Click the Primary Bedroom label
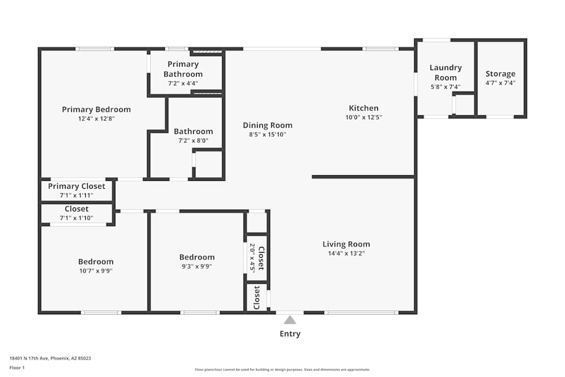[x=96, y=110]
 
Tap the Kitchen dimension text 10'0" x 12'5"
[x=363, y=118]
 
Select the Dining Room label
[x=268, y=125]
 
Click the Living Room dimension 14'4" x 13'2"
[x=346, y=254]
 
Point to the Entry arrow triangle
[x=290, y=320]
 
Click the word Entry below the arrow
[x=290, y=334]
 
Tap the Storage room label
[x=500, y=73]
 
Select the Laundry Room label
[x=445, y=72]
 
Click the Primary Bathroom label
[x=183, y=69]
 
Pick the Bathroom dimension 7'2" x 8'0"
[x=193, y=141]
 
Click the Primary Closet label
[x=76, y=187]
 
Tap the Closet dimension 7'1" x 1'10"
[x=76, y=218]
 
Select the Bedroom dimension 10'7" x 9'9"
[x=95, y=271]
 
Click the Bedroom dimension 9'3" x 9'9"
[x=197, y=266]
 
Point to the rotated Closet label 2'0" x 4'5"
[x=257, y=258]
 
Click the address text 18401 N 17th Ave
[x=50, y=358]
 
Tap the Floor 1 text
[x=17, y=367]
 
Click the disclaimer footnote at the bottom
[x=282, y=370]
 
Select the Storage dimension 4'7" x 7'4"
[x=500, y=83]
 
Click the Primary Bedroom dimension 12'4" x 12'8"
[x=96, y=119]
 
